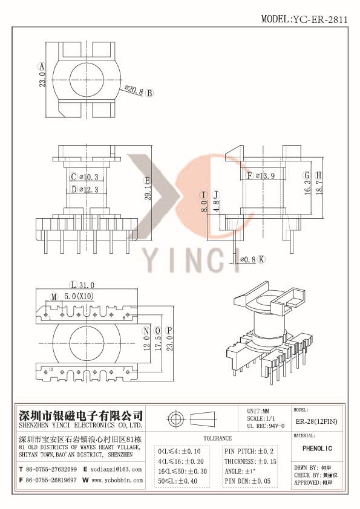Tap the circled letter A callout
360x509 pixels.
[x=41, y=66]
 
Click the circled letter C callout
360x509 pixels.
[x=74, y=177]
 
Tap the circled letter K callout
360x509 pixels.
[x=261, y=259]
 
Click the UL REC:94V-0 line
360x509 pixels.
[x=266, y=426]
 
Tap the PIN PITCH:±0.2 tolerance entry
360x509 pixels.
[x=249, y=452]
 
